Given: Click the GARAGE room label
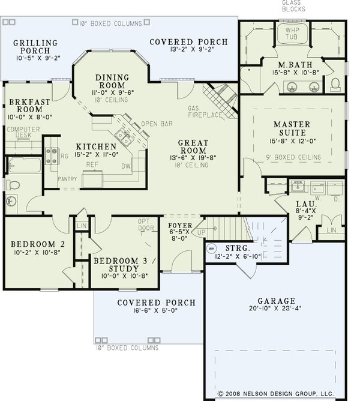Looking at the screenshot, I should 276,301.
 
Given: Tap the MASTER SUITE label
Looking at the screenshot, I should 291,128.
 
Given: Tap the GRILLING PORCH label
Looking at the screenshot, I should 35,47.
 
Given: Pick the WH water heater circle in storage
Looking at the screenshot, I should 211,247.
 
